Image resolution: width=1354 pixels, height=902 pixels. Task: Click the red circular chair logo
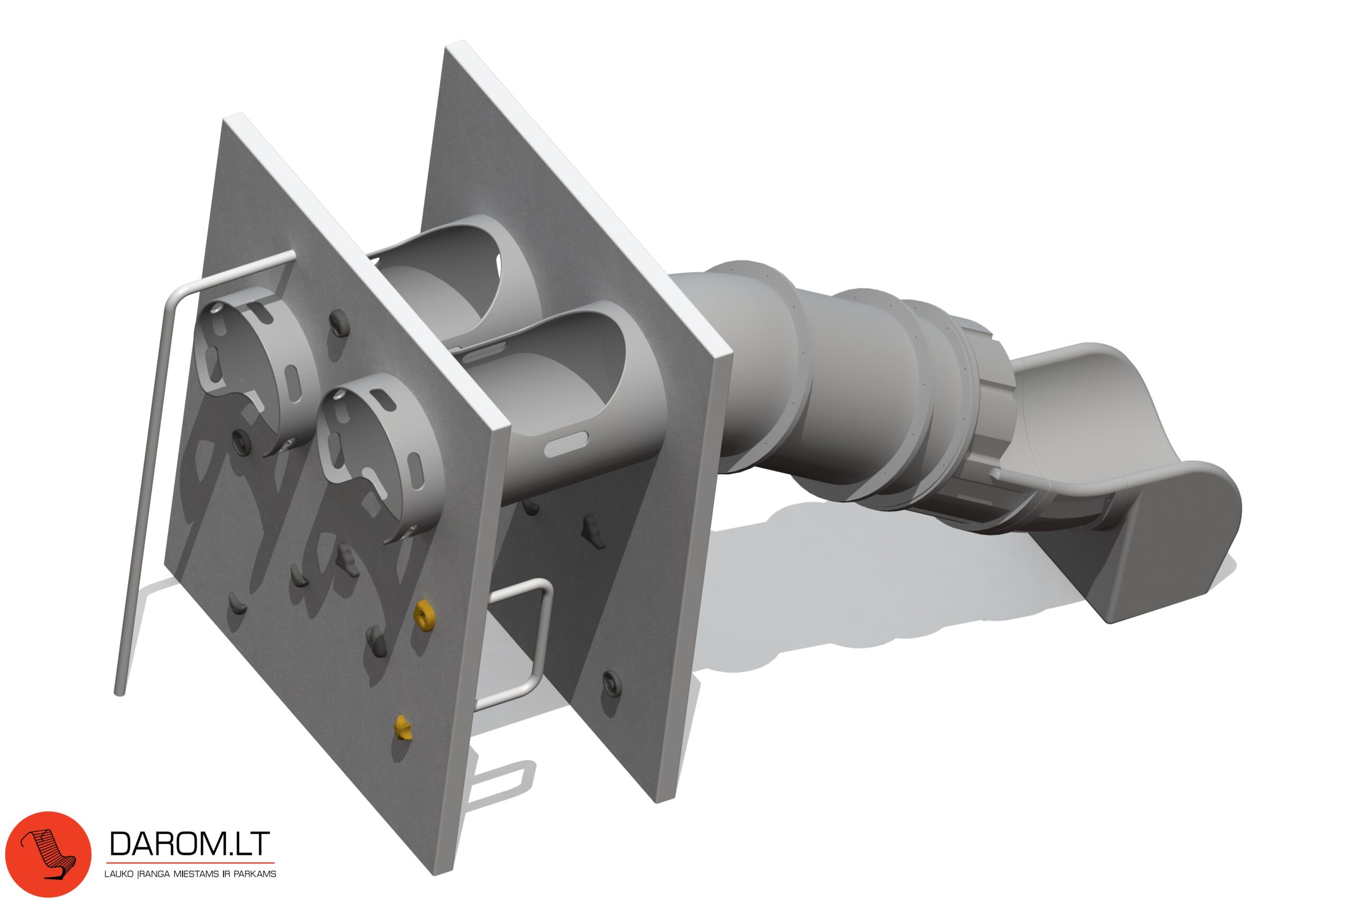[x=48, y=854]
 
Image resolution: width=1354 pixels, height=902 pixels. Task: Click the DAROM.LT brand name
[x=189, y=844]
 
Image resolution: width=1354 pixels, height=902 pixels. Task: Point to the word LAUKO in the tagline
[x=118, y=874]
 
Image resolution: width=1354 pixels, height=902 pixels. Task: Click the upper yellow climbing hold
[x=424, y=615]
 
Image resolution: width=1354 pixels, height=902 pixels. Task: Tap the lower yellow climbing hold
[x=403, y=728]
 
